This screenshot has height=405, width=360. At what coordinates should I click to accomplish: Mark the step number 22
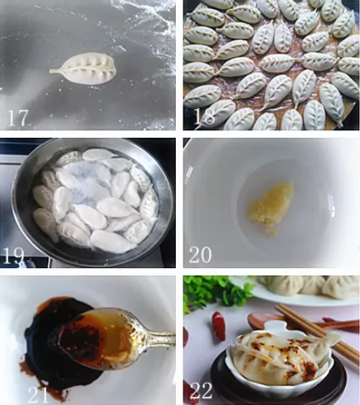click(x=201, y=389)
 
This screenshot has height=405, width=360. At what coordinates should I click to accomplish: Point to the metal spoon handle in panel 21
click(x=153, y=338)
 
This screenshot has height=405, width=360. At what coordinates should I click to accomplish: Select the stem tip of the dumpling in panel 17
click(x=52, y=71)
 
